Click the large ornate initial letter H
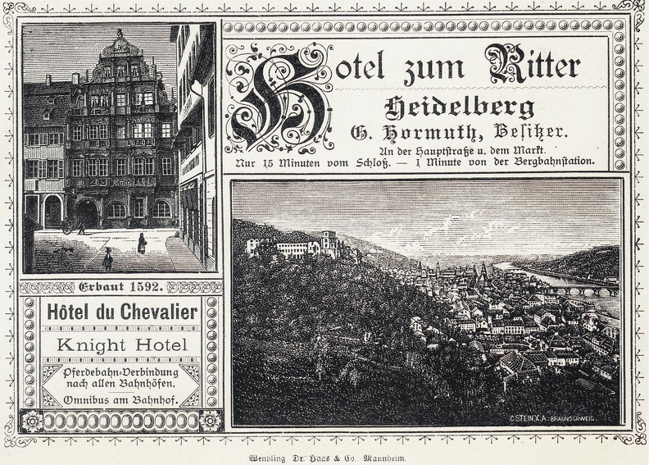pyautogui.click(x=279, y=98)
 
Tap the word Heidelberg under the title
pyautogui.click(x=459, y=107)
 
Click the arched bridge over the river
pyautogui.click(x=586, y=288)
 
